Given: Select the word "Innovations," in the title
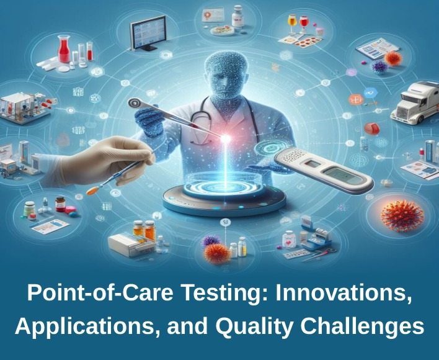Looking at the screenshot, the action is (x=344, y=293).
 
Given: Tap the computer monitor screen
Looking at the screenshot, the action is (x=148, y=32).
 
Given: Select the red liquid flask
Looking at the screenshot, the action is (x=63, y=48).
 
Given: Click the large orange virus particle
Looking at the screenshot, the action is (x=402, y=216).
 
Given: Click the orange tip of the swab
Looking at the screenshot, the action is (x=92, y=191).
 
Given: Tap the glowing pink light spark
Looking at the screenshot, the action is (x=225, y=138).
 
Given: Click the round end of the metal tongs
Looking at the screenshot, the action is (x=136, y=103).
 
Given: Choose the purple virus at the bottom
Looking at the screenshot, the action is (x=211, y=241).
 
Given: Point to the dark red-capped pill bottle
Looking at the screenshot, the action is (x=60, y=204).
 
